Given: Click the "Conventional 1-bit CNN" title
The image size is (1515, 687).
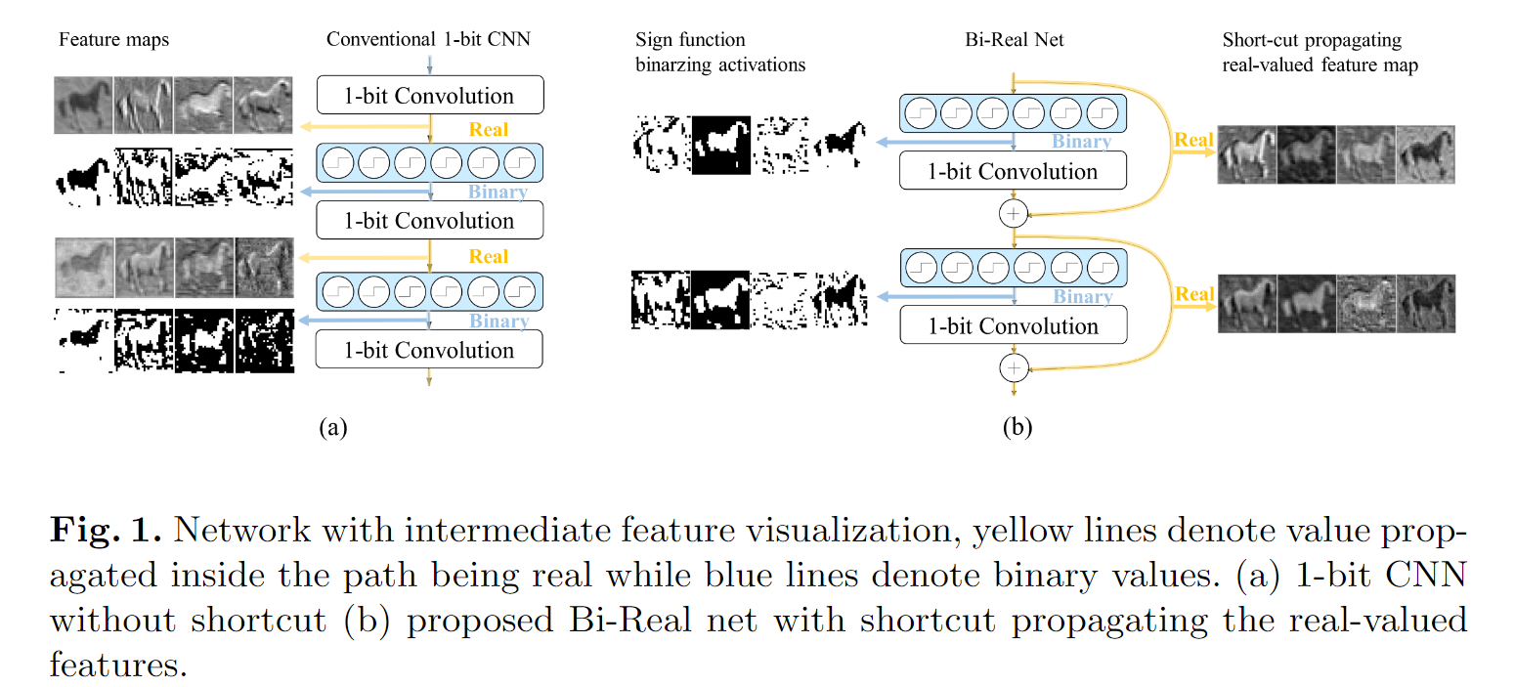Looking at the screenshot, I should [428, 40].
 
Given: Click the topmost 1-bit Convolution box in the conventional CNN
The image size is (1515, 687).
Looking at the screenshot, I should [429, 96].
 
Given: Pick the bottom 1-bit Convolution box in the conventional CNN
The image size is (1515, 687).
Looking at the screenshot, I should [429, 350].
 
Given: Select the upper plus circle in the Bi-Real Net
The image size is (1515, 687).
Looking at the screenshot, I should [1014, 212].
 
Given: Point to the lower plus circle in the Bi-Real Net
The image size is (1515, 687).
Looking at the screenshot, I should [1014, 367].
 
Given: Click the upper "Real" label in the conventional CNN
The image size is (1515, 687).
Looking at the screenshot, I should [489, 129].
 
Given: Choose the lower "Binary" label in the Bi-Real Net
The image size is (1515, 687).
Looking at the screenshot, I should [1083, 296].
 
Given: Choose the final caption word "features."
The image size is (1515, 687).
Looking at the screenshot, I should [116, 665].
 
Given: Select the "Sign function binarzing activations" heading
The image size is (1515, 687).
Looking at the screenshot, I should [720, 53].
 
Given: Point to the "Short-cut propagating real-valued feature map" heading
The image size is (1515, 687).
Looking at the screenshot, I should [1320, 53].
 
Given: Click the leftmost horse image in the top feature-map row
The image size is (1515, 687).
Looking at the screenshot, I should [84, 106].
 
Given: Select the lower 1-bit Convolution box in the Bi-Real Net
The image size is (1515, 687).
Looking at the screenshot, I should [1013, 326].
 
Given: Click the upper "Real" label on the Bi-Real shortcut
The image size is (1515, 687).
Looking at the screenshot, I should [1194, 140].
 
